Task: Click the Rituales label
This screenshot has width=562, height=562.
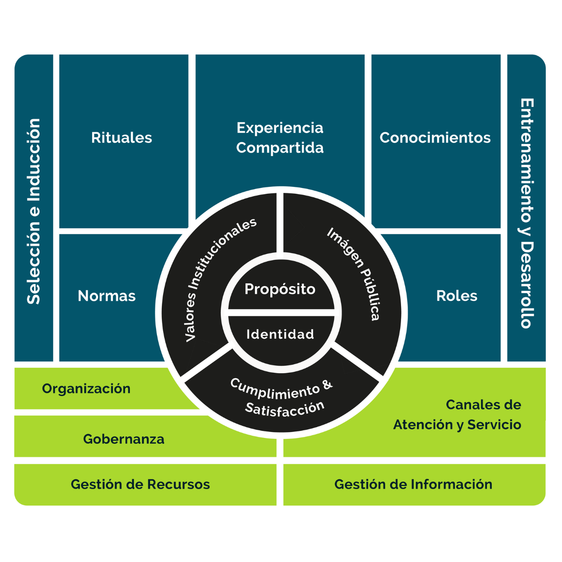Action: coord(121,138)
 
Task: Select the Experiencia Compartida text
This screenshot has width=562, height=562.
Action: coord(280,138)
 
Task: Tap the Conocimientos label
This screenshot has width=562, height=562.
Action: coord(435,138)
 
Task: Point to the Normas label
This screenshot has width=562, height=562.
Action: coord(107,296)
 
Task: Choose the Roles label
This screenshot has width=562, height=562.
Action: coord(456,296)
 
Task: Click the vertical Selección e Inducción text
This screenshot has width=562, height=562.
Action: coord(34,211)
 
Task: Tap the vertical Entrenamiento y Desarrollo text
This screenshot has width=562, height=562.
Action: coord(526,214)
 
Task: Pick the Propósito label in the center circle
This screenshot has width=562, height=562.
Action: coord(280,289)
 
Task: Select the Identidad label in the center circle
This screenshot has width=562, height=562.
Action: coord(280,334)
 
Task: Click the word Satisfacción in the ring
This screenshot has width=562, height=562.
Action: coord(285,408)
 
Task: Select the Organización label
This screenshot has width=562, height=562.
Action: coord(86,388)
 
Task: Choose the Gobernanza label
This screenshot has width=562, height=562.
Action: coord(124,439)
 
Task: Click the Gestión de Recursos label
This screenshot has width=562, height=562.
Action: coord(140,484)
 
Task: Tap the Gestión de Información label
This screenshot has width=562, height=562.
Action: coord(413,484)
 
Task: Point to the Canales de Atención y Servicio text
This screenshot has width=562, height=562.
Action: coord(457,415)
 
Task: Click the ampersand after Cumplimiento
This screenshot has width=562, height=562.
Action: coord(328,385)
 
